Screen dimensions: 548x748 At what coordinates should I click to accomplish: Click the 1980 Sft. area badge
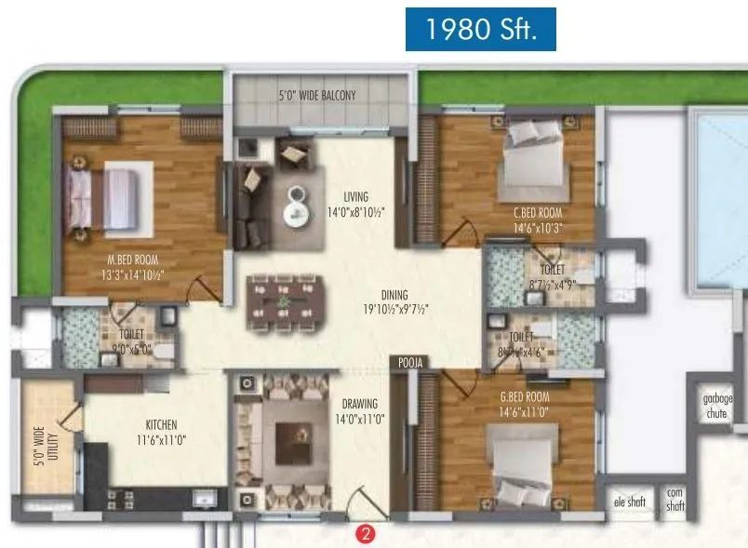click(x=481, y=30)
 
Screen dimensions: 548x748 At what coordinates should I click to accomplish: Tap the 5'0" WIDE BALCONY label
click(x=316, y=95)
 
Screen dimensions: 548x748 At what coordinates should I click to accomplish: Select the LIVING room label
click(x=355, y=196)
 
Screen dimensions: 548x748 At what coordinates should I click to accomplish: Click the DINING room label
click(x=394, y=295)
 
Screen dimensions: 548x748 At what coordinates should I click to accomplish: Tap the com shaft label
click(x=675, y=500)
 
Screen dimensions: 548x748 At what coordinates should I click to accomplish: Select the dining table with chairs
click(x=283, y=301)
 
